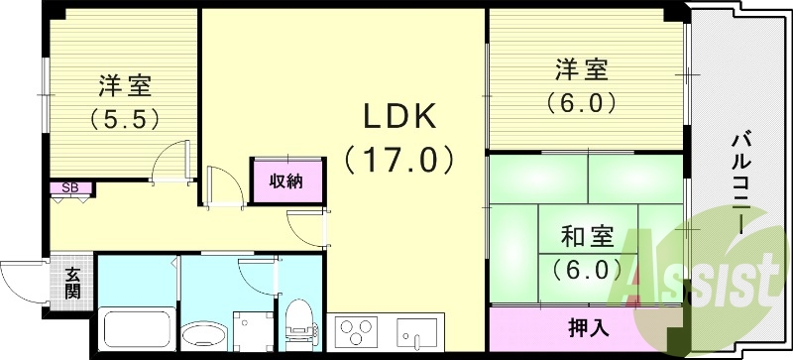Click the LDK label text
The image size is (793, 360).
(x=399, y=117)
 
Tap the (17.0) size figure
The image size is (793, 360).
(x=399, y=158)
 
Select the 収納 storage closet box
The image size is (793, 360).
(x=285, y=180)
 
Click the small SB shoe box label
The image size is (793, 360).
(x=70, y=186)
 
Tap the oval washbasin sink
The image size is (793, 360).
(x=204, y=334)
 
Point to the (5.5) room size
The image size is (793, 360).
(x=127, y=118)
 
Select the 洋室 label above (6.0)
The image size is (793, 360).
(x=582, y=71)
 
